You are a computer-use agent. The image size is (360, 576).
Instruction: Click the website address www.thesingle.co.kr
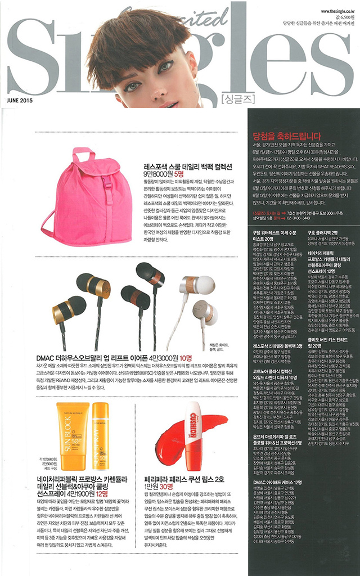coord(336,11)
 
